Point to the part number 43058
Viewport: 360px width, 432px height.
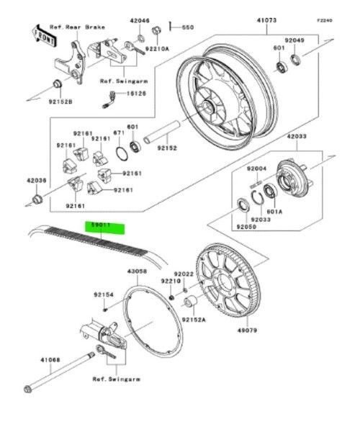click(x=138, y=272)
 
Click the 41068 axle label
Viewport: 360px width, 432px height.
click(x=50, y=359)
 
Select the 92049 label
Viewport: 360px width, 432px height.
click(x=315, y=40)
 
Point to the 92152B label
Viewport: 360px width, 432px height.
click(x=61, y=102)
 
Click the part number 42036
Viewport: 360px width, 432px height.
click(x=37, y=181)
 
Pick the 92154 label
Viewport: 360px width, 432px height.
click(x=103, y=294)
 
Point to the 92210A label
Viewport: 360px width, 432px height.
click(x=156, y=48)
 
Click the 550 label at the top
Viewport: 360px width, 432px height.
click(x=188, y=27)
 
